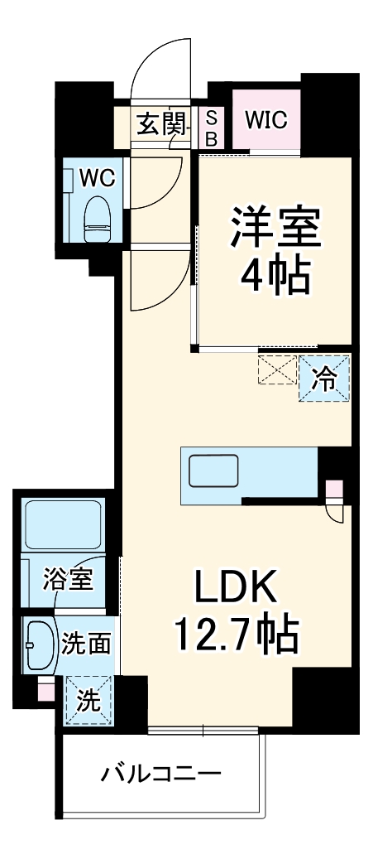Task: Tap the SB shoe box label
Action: (x=211, y=128)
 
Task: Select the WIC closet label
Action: (x=265, y=119)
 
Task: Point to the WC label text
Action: (x=97, y=176)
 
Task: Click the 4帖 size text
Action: (x=275, y=273)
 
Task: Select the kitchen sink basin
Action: (x=213, y=471)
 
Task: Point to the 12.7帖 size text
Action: (x=236, y=635)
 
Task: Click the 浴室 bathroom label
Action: (x=69, y=580)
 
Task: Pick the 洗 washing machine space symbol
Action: (x=88, y=700)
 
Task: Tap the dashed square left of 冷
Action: (x=277, y=369)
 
